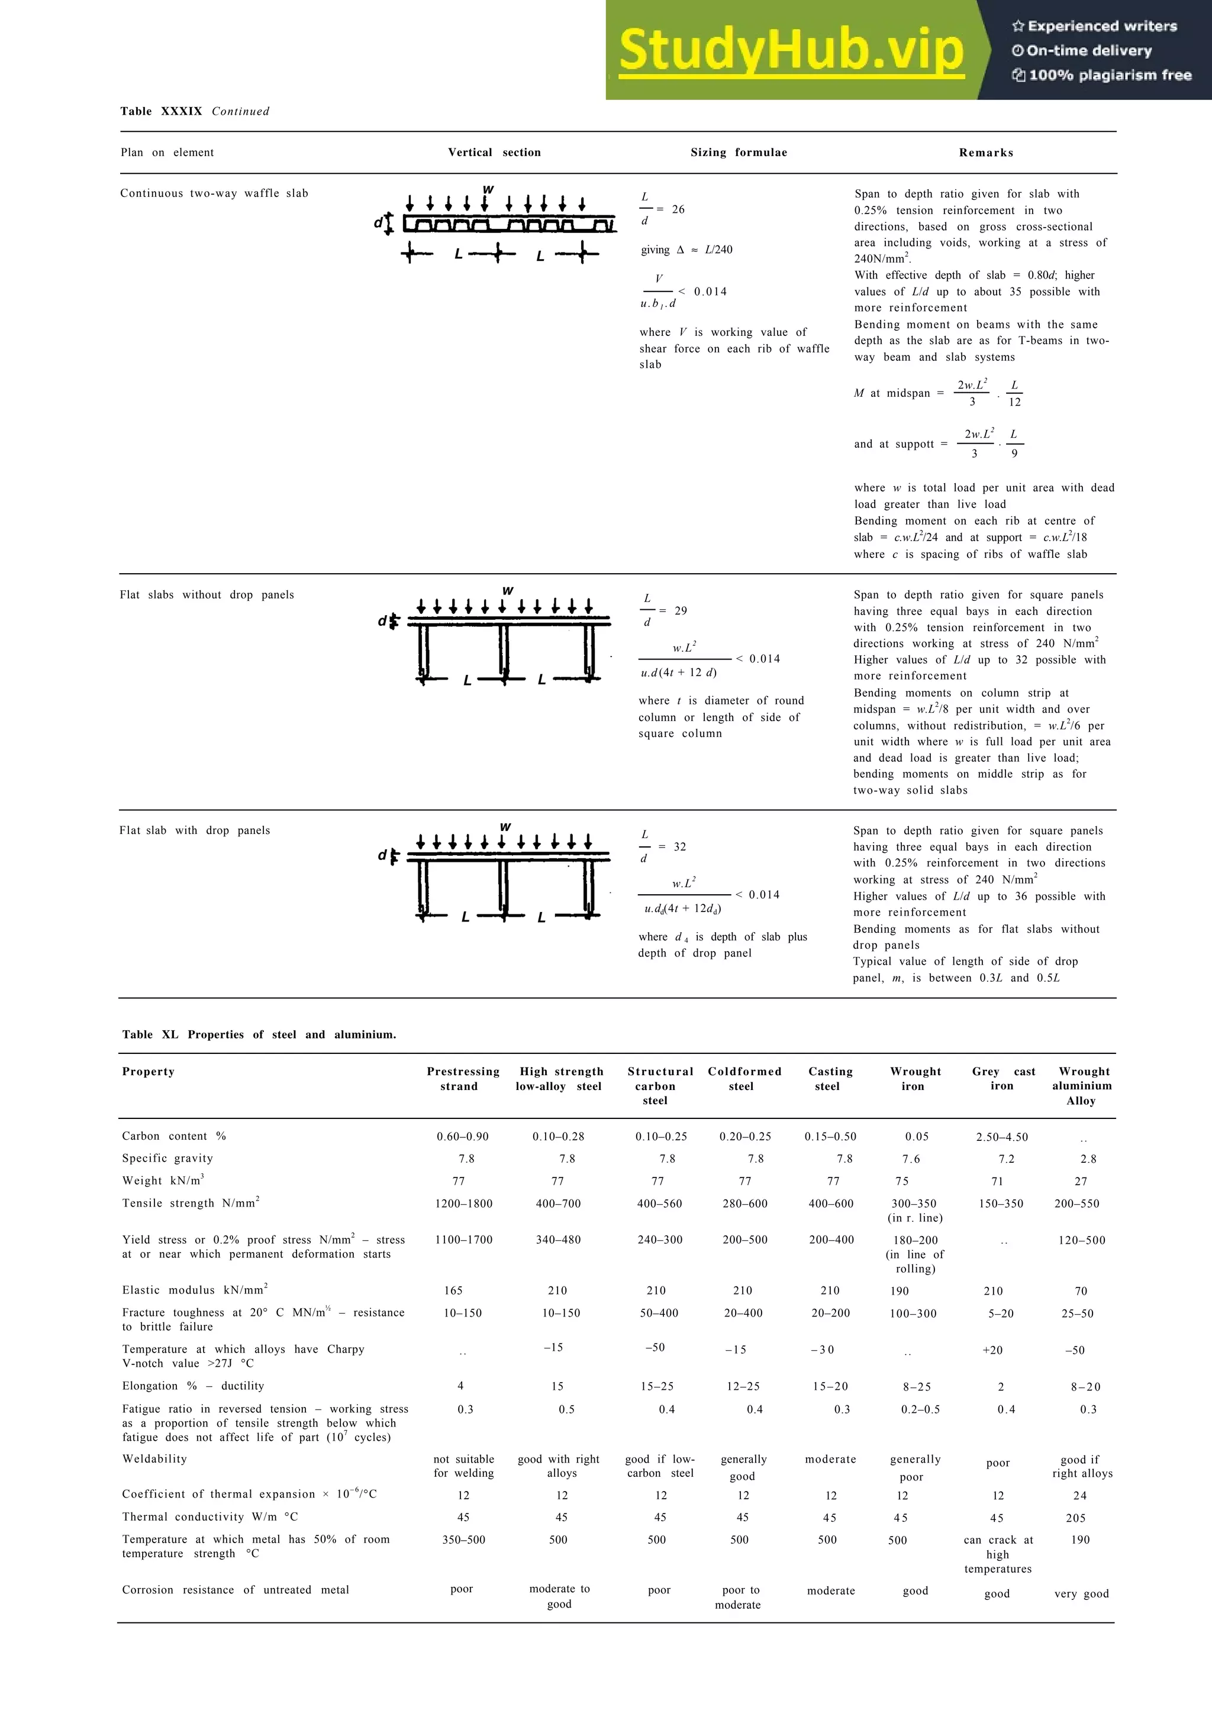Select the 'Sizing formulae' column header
click(x=739, y=152)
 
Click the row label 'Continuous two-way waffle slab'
click(x=214, y=193)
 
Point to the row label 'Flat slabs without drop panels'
click(x=207, y=595)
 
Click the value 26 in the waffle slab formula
click(x=678, y=210)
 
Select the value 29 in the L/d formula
click(x=681, y=610)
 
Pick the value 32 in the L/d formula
click(x=679, y=846)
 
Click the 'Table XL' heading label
click(x=150, y=1034)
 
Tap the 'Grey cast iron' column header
click(x=1003, y=1079)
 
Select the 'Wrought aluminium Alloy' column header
click(x=1082, y=1085)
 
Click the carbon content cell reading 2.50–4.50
click(x=1001, y=1137)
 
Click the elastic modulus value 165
click(x=453, y=1290)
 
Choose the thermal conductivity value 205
click(x=1075, y=1518)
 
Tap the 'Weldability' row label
click(x=154, y=1458)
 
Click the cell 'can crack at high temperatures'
click(x=998, y=1554)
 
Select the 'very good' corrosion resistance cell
click(x=1081, y=1593)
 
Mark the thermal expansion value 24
click(x=1080, y=1495)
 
